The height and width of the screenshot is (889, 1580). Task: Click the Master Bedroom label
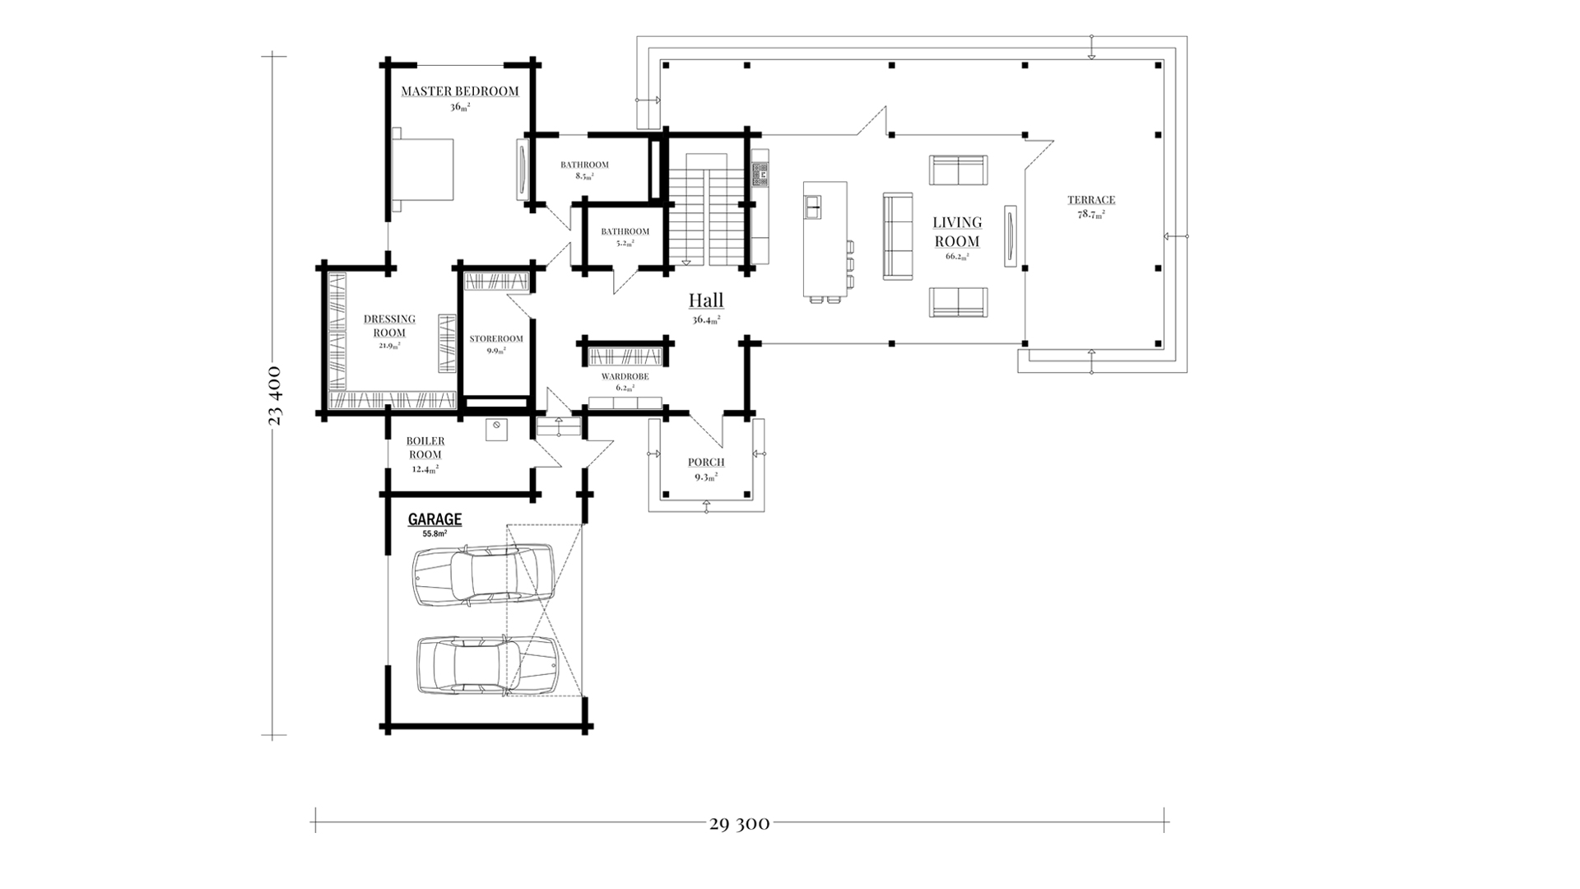(460, 91)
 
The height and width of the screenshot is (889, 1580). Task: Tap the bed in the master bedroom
(423, 169)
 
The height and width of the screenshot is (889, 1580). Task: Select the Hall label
(706, 300)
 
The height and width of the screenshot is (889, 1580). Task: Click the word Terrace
(1091, 199)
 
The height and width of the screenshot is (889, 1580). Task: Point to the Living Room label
(957, 231)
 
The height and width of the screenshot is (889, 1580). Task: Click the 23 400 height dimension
(275, 396)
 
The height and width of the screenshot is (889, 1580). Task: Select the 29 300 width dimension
(739, 823)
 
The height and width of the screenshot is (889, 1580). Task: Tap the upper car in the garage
(482, 575)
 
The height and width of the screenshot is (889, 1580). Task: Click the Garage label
(434, 519)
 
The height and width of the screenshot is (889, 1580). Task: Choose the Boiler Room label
(425, 448)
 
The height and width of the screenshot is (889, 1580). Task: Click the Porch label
(706, 463)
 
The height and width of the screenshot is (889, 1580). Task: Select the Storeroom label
(496, 338)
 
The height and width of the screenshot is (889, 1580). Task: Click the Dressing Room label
(389, 325)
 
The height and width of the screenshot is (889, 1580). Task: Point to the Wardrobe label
(625, 376)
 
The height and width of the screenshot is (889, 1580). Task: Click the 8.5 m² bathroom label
(584, 165)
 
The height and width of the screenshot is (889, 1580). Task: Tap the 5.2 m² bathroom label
(625, 231)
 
